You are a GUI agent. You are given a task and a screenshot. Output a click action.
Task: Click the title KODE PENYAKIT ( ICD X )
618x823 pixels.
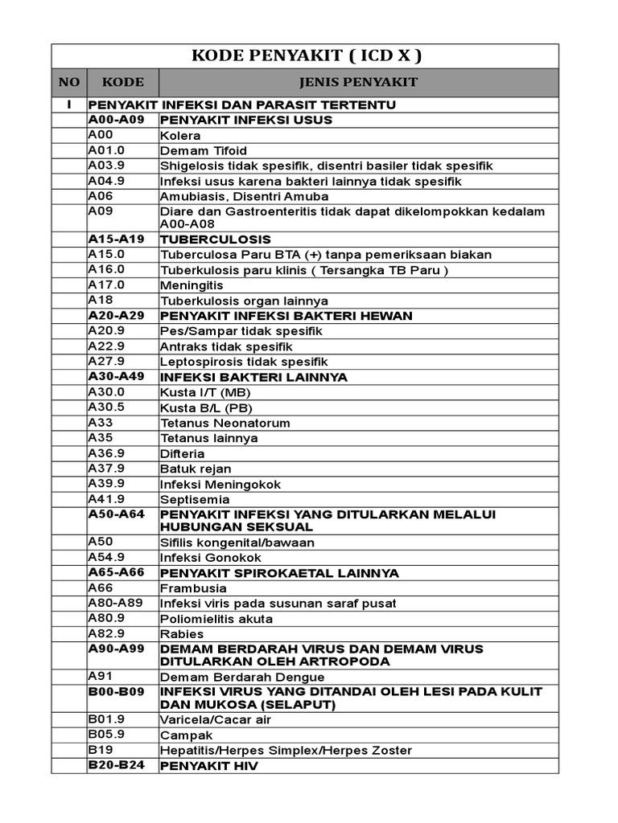click(306, 56)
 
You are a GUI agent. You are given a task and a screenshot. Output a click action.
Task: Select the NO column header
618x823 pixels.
click(69, 82)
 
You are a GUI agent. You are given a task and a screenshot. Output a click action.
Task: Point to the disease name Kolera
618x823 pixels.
click(180, 136)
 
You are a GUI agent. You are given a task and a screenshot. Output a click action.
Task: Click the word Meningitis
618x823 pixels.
click(192, 285)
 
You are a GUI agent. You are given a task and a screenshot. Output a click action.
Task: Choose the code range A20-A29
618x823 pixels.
click(116, 315)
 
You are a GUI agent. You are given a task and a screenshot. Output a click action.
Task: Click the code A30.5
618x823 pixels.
click(105, 407)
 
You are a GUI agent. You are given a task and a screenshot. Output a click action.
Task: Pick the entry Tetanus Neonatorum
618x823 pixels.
click(225, 423)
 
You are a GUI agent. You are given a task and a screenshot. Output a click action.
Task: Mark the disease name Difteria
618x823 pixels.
click(183, 453)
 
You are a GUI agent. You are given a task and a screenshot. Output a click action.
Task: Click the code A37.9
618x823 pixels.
click(105, 468)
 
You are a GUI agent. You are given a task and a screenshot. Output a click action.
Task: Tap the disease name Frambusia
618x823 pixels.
click(193, 588)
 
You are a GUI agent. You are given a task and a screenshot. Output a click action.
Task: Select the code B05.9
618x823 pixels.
click(105, 735)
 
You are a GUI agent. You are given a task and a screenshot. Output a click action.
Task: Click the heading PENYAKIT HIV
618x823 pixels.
click(209, 766)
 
